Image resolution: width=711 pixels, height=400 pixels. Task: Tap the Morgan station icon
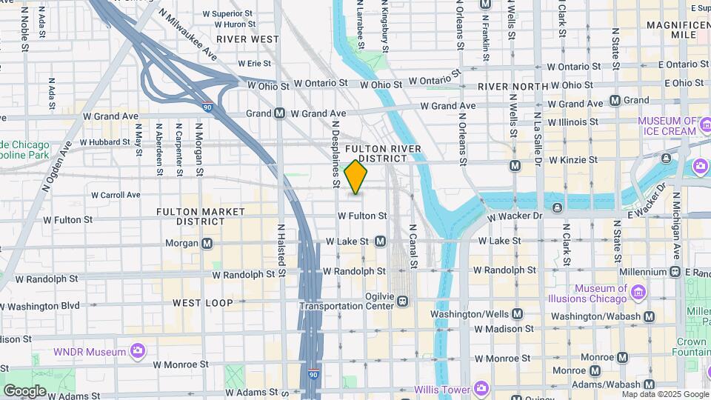point(207,243)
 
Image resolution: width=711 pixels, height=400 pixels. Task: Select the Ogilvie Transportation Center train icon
point(402,301)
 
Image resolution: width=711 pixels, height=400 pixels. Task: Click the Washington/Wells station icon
point(517,314)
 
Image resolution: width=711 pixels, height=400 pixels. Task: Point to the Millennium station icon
point(675,272)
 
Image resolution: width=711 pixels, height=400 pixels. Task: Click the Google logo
point(24,390)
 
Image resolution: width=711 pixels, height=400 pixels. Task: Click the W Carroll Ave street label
point(116,195)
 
